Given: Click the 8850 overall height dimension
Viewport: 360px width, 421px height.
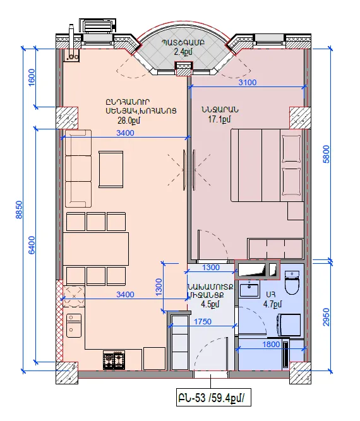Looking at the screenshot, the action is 20,210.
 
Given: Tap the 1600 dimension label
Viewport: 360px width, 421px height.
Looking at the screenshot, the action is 32,78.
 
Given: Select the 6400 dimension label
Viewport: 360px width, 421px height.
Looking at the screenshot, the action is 32,245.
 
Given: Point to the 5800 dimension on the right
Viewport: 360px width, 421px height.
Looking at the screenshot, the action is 326,154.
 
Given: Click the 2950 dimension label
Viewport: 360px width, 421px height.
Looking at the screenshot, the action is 326,317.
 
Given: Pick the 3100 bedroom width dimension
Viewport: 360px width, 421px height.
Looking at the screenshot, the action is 248,82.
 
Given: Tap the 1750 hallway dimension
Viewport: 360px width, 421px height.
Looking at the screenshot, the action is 203,321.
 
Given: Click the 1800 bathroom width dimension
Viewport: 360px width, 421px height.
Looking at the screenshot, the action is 271,344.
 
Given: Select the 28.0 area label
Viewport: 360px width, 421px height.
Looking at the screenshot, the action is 129,121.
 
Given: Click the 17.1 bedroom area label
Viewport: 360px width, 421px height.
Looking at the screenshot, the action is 219,119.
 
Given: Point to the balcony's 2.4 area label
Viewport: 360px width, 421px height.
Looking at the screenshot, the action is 183,52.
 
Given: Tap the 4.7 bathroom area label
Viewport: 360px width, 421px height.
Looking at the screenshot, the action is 272,304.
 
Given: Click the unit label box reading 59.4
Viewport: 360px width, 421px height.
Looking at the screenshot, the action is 213,398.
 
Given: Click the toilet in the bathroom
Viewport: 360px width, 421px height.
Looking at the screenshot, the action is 292,283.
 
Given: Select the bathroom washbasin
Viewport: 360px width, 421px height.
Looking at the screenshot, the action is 249,290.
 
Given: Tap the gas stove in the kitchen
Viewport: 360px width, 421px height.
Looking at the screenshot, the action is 114,360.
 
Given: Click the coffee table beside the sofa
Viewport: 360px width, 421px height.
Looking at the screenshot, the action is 111,169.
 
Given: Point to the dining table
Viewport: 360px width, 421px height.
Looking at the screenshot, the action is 95,249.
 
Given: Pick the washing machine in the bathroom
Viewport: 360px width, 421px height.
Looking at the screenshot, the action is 289,325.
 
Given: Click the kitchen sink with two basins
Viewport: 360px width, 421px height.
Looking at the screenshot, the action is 74,326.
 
